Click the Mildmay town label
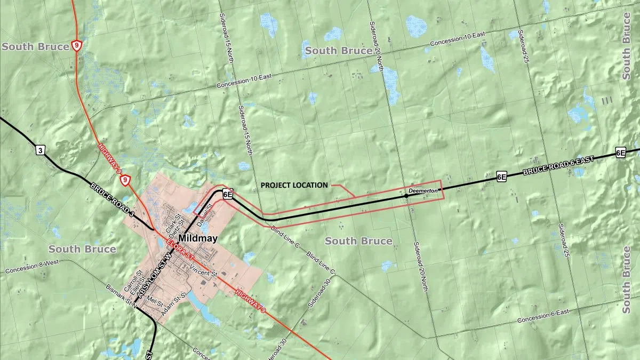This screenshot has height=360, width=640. point(198,238)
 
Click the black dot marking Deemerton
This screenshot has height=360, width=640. point(406,196)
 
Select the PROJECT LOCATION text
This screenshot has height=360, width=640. point(294,186)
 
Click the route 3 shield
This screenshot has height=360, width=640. point(40,150)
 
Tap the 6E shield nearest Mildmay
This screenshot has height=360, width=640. point(228,195)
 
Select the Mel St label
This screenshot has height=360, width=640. point(156,299)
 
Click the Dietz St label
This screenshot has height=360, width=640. point(180,226)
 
